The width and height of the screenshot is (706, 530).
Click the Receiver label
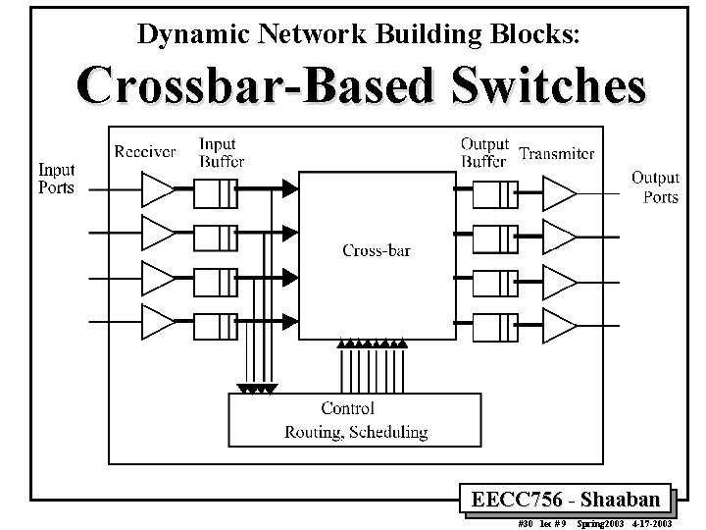pyautogui.click(x=145, y=151)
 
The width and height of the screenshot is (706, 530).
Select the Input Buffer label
pyautogui.click(x=221, y=152)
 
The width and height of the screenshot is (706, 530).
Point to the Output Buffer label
pyautogui.click(x=484, y=152)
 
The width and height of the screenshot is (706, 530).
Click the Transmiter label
pyautogui.click(x=557, y=153)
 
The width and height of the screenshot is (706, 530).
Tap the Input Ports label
pyautogui.click(x=56, y=179)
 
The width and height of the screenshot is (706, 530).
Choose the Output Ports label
pyautogui.click(x=655, y=186)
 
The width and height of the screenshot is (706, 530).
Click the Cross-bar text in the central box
pyautogui.click(x=377, y=250)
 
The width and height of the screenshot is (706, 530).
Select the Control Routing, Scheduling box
pyautogui.click(x=355, y=419)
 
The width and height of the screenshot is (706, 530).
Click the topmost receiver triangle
pyautogui.click(x=157, y=187)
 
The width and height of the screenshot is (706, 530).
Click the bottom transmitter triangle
pyautogui.click(x=559, y=324)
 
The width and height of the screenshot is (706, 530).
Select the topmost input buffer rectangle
pyautogui.click(x=216, y=193)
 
